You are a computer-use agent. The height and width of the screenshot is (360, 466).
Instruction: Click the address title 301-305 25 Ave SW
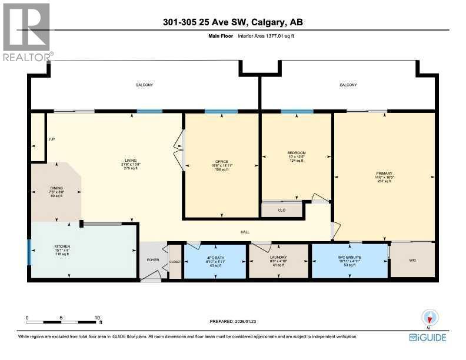point(233,23)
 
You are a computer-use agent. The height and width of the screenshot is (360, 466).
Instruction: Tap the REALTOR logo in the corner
point(26,32)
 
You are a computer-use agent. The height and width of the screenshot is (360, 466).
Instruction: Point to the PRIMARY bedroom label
point(384,174)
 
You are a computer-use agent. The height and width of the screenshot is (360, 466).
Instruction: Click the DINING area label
point(56,188)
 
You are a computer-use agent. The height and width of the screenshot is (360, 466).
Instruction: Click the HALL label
point(245,232)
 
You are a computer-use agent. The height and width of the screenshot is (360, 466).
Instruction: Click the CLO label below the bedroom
point(281,209)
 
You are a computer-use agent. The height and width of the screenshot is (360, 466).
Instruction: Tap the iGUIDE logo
point(428,337)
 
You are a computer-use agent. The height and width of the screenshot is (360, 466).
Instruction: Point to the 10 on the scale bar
point(98,318)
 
